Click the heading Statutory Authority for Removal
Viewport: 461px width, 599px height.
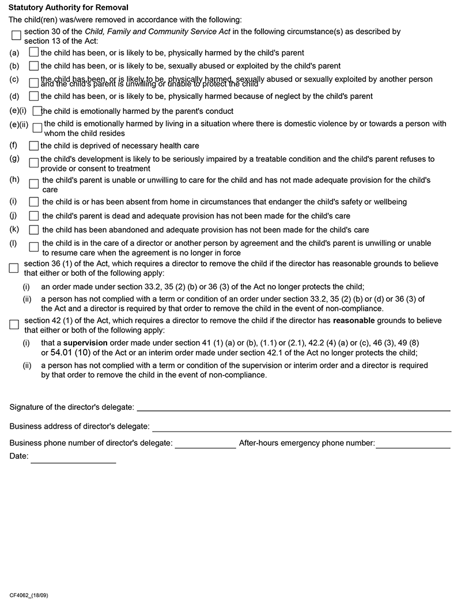[69, 7]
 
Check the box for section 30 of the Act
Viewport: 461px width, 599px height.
[16, 36]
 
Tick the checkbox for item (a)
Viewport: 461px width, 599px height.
[33, 52]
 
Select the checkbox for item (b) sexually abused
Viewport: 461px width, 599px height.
[33, 66]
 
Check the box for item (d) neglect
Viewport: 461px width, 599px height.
[33, 96]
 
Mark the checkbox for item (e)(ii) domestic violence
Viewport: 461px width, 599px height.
[37, 128]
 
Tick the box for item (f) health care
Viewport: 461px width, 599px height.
[33, 146]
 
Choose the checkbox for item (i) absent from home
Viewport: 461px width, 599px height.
[33, 202]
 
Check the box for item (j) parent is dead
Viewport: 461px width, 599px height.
[33, 216]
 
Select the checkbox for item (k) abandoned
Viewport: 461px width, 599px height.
[33, 230]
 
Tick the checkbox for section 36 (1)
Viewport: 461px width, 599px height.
[14, 268]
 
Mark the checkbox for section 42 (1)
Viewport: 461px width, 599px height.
[14, 325]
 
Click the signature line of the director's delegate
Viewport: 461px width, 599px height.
[293, 410]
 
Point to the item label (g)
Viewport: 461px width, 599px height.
[14, 158]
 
